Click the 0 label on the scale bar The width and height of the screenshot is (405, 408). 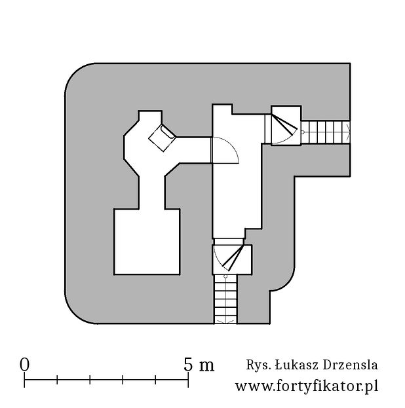click(24, 364)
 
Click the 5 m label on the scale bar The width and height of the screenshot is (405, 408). click(199, 364)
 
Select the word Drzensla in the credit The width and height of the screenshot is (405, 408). click(351, 365)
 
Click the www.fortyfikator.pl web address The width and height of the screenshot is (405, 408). click(307, 386)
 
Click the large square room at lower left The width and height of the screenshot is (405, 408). click(147, 242)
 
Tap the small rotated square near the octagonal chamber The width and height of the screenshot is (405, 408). click(163, 138)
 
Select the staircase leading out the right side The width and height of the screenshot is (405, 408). click(326, 132)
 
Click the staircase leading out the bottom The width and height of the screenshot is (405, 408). click(225, 299)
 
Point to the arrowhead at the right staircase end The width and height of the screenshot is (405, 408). click(347, 132)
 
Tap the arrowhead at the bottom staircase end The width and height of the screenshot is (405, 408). click(225, 322)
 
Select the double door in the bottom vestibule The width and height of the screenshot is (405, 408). click(232, 257)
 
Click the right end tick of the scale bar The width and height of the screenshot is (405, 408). click(188, 380)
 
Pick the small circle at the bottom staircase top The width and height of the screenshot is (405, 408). click(225, 276)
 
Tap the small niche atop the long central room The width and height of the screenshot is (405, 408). click(222, 109)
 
